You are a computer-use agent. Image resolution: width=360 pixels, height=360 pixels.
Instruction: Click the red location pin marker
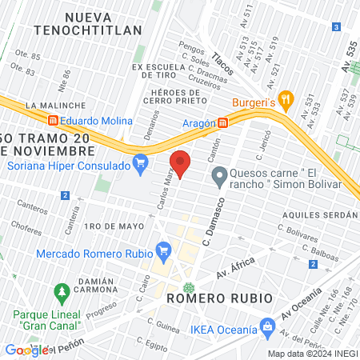tap(181, 163)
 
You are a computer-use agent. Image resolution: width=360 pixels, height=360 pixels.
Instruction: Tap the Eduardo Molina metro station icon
tap(53, 121)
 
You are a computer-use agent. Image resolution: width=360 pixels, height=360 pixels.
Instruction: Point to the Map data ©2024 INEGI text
tap(311, 354)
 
